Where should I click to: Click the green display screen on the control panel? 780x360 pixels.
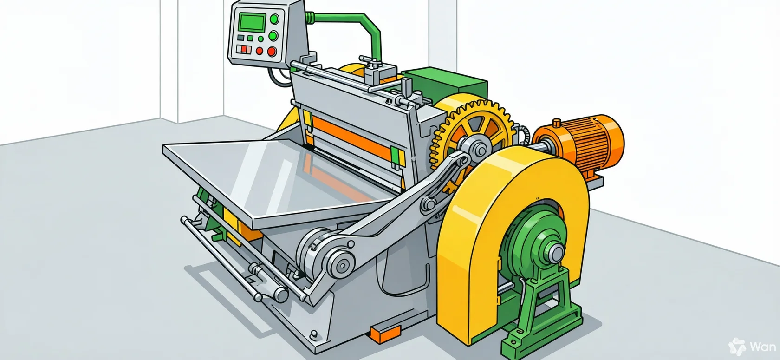tap(252, 22)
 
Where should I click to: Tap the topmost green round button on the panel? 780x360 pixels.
tap(275, 19)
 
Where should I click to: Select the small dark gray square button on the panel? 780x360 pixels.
tap(240, 38)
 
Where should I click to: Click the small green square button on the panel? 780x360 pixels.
tap(250, 38)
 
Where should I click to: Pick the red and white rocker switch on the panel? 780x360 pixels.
tap(244, 49)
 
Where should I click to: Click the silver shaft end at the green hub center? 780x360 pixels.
tap(556, 251)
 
